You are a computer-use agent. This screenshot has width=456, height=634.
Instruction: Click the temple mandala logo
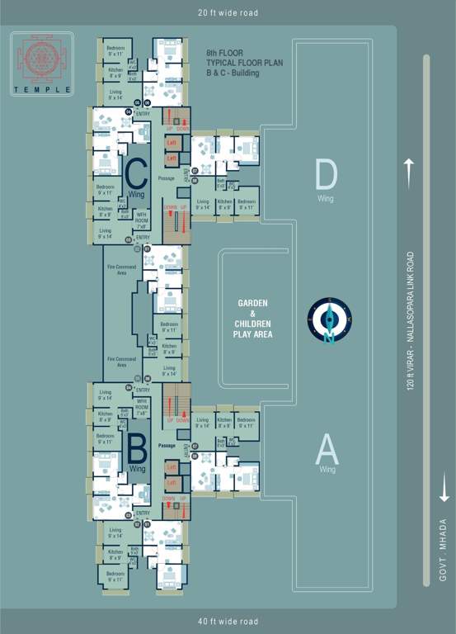point(41,57)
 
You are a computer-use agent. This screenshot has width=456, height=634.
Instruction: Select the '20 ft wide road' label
point(228,13)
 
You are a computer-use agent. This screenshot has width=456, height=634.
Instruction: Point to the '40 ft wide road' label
point(228,622)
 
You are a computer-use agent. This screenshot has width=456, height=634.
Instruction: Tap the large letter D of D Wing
point(327,176)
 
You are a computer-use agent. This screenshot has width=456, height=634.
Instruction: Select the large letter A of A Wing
point(327,450)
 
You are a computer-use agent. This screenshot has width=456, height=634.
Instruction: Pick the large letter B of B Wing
point(137,448)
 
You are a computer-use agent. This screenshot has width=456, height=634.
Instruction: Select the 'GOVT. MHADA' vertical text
point(444,552)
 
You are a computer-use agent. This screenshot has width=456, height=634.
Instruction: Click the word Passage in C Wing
point(167,178)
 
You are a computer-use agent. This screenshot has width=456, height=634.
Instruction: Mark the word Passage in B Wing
point(167,446)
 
